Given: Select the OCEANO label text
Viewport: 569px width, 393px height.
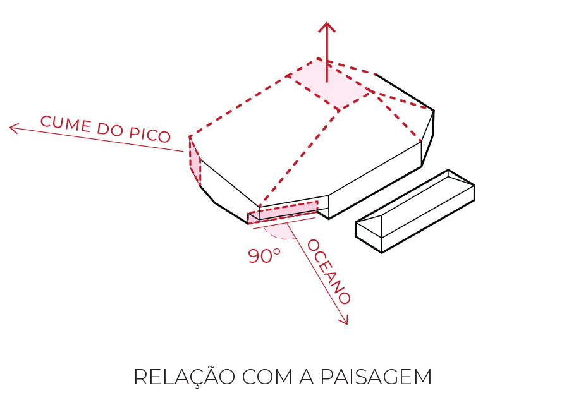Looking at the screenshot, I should coord(329,272).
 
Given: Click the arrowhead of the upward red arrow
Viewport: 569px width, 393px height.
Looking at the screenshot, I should coord(326,27).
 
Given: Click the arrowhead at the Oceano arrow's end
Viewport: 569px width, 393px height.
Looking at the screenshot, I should coord(345,322).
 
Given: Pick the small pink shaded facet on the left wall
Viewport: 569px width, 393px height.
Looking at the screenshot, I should coord(195,161).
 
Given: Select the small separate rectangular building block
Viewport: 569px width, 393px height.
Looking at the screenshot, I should coord(415,210).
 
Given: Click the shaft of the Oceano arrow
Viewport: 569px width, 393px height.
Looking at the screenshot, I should coord(316,272).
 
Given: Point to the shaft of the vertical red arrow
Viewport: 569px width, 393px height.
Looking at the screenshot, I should coord(326,57).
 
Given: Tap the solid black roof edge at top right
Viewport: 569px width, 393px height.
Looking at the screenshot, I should coord(405,92).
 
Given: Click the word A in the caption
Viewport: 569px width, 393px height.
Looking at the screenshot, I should coord(302,377).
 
